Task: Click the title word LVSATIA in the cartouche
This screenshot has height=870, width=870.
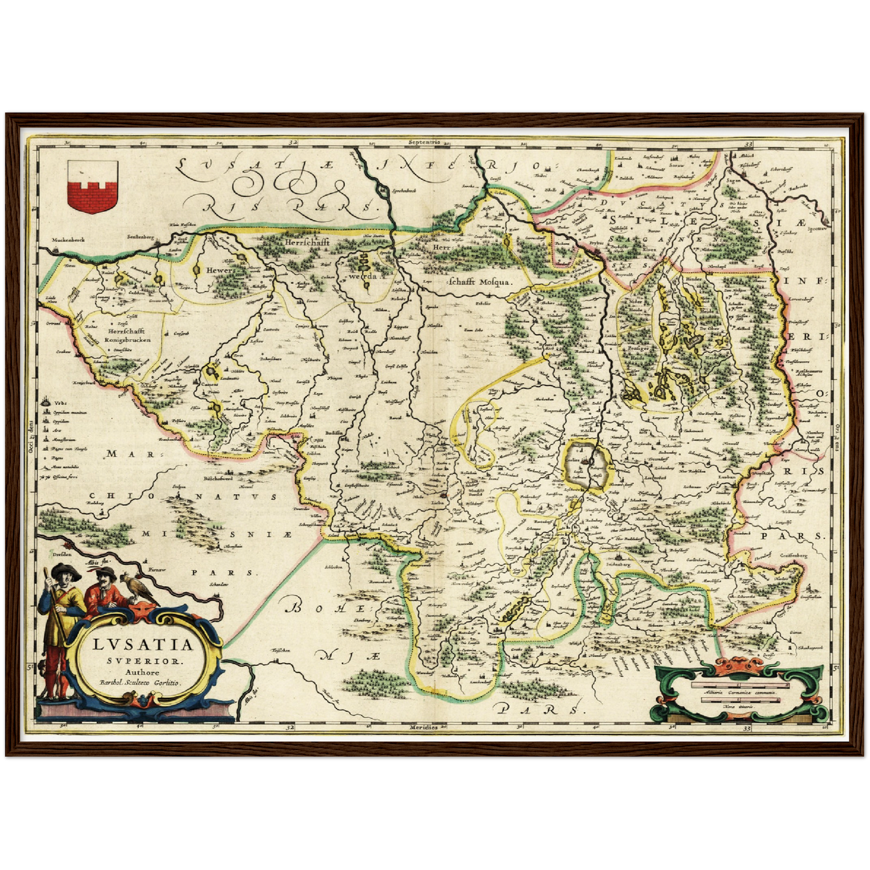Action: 144,644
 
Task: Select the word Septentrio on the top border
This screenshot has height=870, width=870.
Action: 424,143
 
